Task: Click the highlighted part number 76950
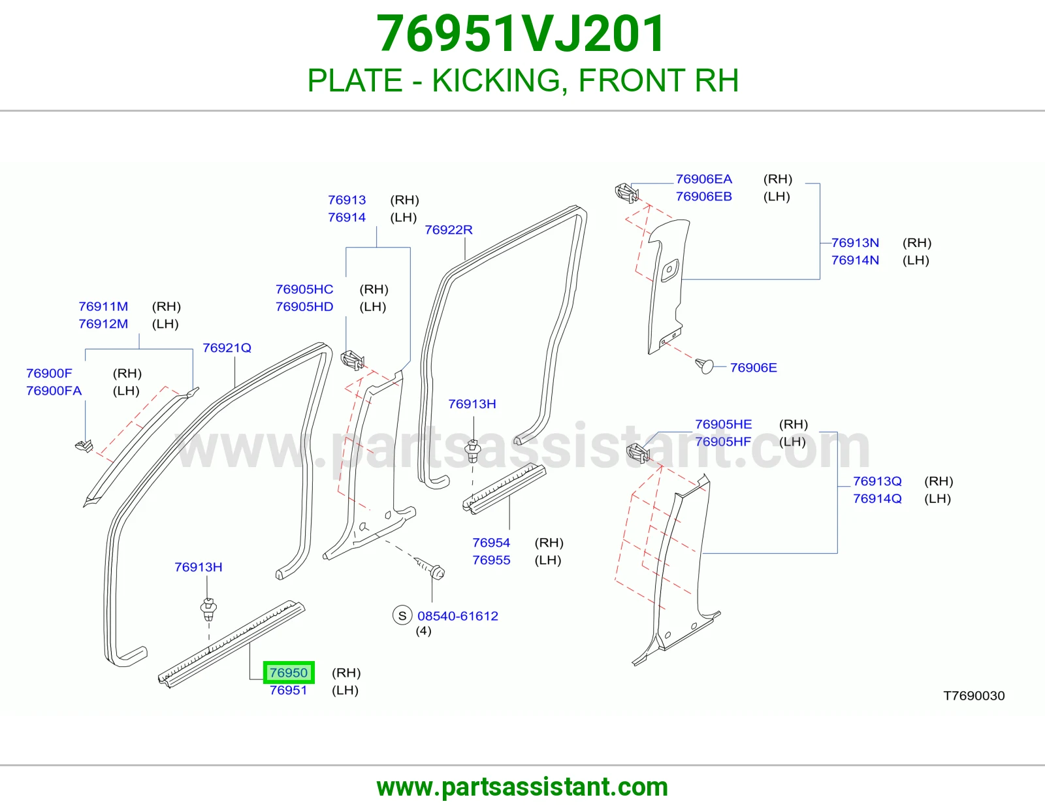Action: [x=288, y=672]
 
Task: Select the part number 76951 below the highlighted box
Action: [x=288, y=690]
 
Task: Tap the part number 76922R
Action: [x=448, y=230]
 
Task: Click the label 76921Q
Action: [x=227, y=348]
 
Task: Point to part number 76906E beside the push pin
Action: [x=753, y=368]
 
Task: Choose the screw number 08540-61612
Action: [x=457, y=616]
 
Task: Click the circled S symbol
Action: [x=402, y=615]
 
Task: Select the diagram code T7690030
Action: [x=974, y=696]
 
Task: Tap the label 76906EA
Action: [x=703, y=179]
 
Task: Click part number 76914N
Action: [x=855, y=260]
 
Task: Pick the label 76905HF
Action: [x=723, y=442]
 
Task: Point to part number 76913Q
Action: [x=877, y=481]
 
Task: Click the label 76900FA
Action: [x=54, y=391]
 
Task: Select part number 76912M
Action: [x=103, y=324]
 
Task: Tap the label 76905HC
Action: [x=304, y=289]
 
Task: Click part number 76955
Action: [x=491, y=560]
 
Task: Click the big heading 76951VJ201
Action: [x=521, y=34]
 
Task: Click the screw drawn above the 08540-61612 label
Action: [x=430, y=568]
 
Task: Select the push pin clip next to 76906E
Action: [x=704, y=366]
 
